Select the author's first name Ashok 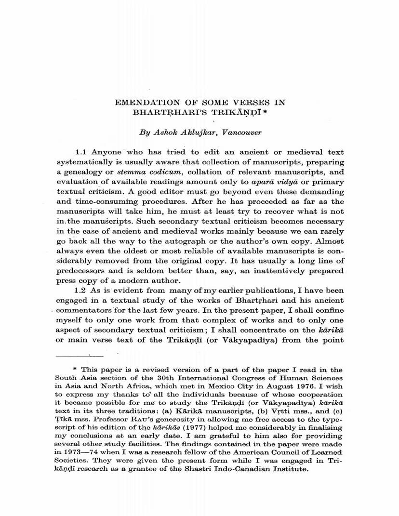[166, 132]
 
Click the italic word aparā [264, 182]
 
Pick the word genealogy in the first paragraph [80, 172]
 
